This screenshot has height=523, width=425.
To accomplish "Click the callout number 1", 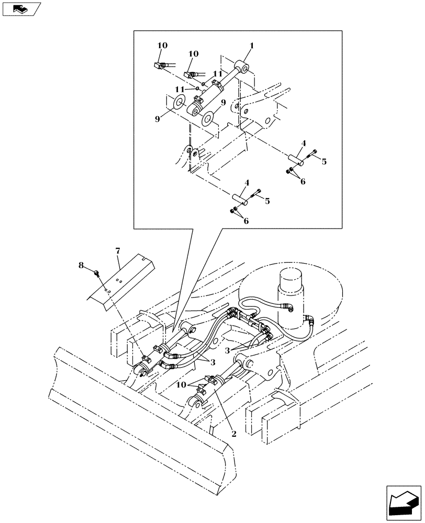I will pyautogui.click(x=251, y=46).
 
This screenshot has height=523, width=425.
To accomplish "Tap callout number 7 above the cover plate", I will pyautogui.click(x=119, y=252).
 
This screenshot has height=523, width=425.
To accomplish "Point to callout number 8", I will pyautogui.click(x=81, y=266).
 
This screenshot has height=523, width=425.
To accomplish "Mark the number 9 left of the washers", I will pyautogui.click(x=157, y=119).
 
